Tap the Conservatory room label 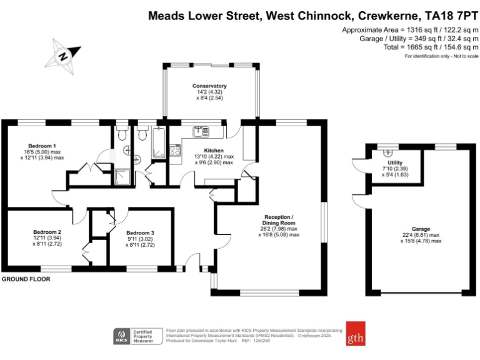coord(209,86)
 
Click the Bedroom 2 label coord(47,232)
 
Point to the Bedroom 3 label coord(140,232)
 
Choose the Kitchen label coord(214,150)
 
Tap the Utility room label coord(395,162)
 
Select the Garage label coord(420,229)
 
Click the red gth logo coord(355,333)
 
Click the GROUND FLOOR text coord(26,279)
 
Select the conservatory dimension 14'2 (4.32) coord(209,92)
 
